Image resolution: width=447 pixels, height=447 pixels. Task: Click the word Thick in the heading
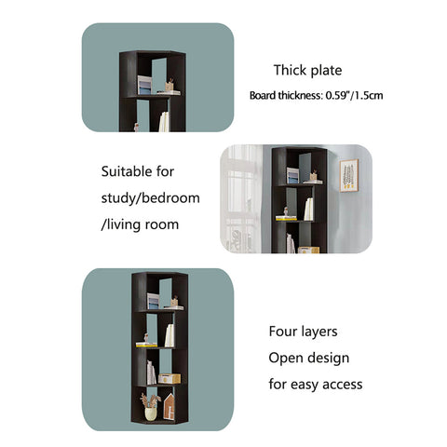(x=291, y=70)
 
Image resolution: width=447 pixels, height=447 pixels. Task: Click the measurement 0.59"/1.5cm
(x=354, y=95)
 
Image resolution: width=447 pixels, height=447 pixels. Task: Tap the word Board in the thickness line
(x=263, y=95)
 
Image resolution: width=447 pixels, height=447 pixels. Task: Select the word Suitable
(x=127, y=171)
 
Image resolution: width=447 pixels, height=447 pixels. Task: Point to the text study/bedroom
(x=151, y=198)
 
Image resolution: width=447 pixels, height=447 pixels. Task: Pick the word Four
(x=279, y=332)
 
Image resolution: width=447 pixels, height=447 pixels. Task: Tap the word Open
(x=283, y=359)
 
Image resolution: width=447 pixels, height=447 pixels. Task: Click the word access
(x=343, y=385)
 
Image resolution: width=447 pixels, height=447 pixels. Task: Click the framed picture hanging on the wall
(x=349, y=175)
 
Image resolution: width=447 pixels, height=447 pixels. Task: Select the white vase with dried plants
(x=151, y=407)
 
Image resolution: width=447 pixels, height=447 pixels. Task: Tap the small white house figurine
(x=169, y=406)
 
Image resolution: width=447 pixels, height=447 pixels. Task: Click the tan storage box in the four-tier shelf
(x=169, y=379)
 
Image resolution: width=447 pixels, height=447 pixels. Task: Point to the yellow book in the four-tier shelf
(x=146, y=345)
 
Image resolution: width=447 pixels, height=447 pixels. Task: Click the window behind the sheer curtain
(x=241, y=198)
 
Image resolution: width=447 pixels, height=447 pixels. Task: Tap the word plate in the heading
(x=326, y=71)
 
